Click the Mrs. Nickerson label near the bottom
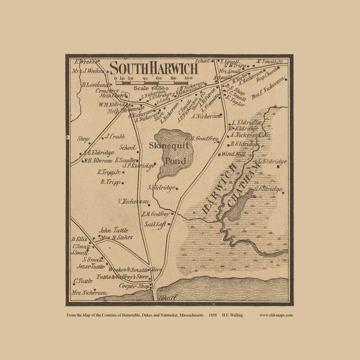[90, 292]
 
